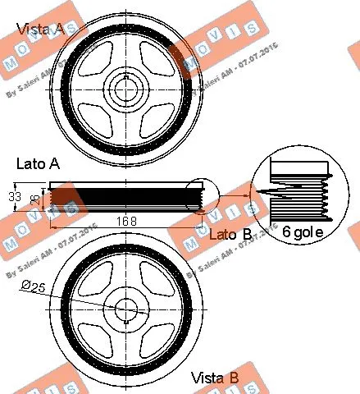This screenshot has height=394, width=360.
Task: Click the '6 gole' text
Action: coord(303,233)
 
